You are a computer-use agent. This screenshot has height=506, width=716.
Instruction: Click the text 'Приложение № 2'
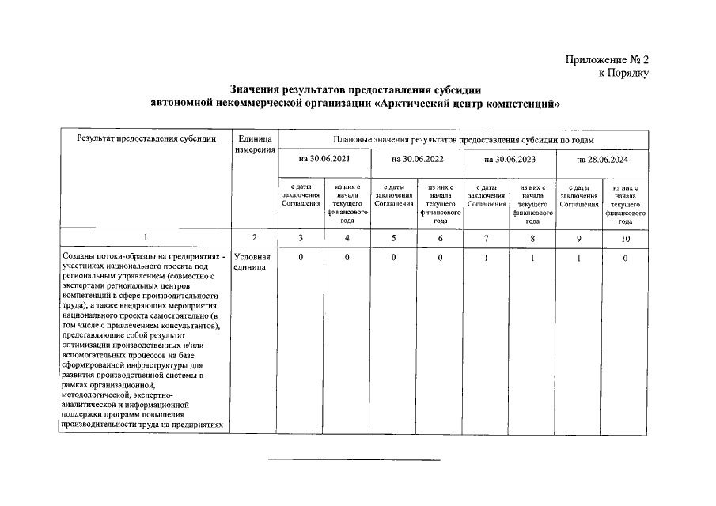[x=607, y=60]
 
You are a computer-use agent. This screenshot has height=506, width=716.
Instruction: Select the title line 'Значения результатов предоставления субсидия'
[x=356, y=90]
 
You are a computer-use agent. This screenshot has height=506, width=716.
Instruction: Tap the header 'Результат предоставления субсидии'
[x=146, y=139]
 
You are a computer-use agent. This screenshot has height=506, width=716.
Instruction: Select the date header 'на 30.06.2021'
[x=324, y=160]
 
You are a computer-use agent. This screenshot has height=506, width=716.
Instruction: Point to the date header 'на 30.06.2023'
[x=510, y=160]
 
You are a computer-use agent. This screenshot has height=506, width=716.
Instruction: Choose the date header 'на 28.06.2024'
[x=602, y=160]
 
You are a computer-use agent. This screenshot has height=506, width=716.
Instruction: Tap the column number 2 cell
[x=254, y=237]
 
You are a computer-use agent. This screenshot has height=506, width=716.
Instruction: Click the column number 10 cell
[x=625, y=237]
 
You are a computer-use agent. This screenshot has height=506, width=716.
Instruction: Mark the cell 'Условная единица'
[x=252, y=262]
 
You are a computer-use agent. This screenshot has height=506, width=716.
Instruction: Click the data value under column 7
[x=487, y=258]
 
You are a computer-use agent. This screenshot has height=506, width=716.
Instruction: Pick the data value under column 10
[x=625, y=258]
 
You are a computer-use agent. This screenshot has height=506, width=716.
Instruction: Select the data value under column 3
[x=301, y=258]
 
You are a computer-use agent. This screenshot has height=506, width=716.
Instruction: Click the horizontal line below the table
[x=354, y=459]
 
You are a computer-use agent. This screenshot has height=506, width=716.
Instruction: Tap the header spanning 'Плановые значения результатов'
[x=464, y=139]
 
